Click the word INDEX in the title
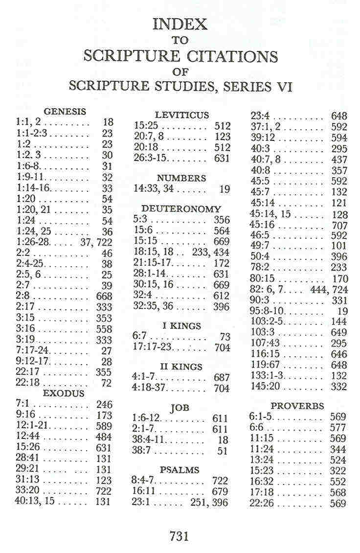pyautogui.click(x=180, y=24)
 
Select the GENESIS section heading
pyautogui.click(x=65, y=112)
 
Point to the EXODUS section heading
pyautogui.click(x=64, y=393)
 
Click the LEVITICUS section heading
pyautogui.click(x=181, y=115)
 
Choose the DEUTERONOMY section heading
pyautogui.click(x=181, y=209)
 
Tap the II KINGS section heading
pyautogui.click(x=181, y=367)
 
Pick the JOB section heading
pyautogui.click(x=180, y=407)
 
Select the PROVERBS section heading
pyautogui.click(x=297, y=406)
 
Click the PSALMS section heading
pyautogui.click(x=180, y=470)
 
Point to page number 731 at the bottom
pyautogui.click(x=179, y=536)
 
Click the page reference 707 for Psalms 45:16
pyautogui.click(x=339, y=226)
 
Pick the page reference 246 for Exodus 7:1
pyautogui.click(x=104, y=405)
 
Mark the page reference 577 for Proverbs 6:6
pyautogui.click(x=338, y=428)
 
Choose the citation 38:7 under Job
pyautogui.click(x=141, y=450)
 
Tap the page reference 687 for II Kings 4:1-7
pyautogui.click(x=222, y=378)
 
